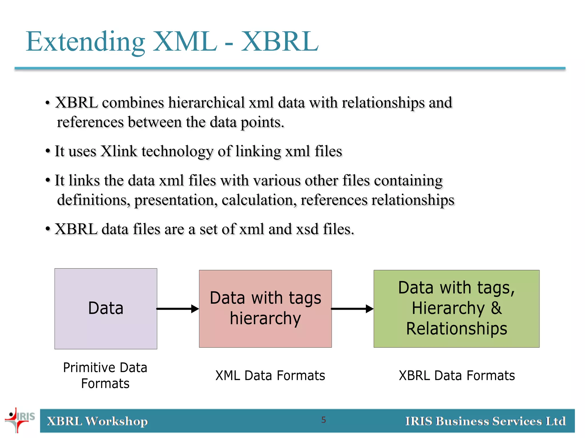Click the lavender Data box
(x=106, y=309)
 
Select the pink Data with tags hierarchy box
(x=265, y=309)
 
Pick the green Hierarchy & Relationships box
(x=456, y=309)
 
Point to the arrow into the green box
(x=352, y=309)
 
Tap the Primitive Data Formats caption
(x=105, y=375)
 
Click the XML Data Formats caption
(x=270, y=376)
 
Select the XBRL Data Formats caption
(x=456, y=376)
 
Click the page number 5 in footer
(x=323, y=420)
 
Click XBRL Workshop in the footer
(x=97, y=421)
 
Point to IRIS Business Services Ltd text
(x=485, y=421)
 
